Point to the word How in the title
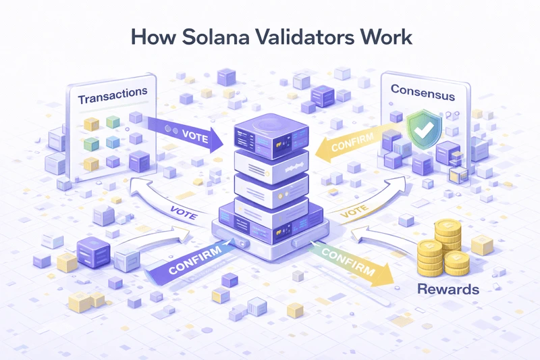coord(148,36)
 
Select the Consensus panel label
coord(422,96)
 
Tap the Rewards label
coord(448,289)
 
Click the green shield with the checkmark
coord(425,128)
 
